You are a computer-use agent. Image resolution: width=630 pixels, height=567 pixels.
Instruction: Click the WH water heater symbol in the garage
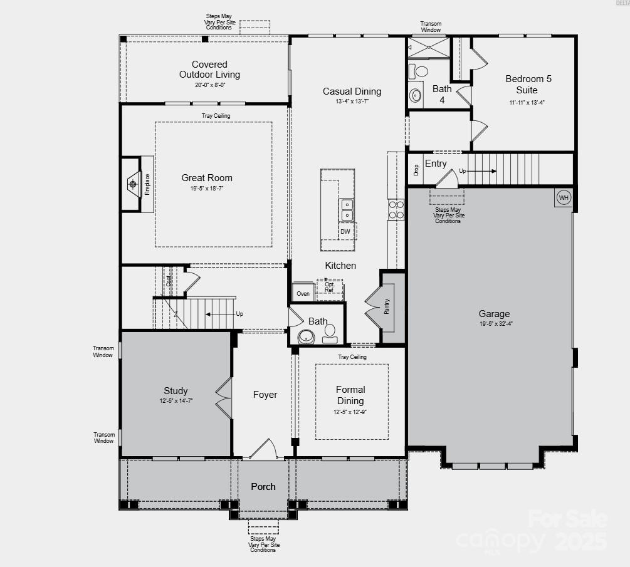tap(563, 198)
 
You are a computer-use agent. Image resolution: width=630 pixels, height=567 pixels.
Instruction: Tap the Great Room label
tap(207, 178)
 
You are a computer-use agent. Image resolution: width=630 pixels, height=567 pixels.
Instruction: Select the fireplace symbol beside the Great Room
tap(133, 184)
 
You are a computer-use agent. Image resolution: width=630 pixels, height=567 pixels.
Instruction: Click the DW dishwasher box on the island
tap(345, 231)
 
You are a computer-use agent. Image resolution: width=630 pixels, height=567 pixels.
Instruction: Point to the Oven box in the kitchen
tap(303, 293)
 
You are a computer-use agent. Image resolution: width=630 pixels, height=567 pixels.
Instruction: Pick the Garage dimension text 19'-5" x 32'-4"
tap(494, 324)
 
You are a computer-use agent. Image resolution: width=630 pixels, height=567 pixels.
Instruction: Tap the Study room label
tap(176, 391)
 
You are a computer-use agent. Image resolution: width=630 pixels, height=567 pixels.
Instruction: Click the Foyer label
tap(265, 395)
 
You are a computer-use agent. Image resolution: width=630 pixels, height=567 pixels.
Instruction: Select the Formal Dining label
tap(350, 395)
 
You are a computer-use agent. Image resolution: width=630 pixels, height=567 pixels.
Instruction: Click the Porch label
tap(263, 486)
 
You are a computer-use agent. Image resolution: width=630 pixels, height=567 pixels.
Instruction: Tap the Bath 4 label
tap(442, 94)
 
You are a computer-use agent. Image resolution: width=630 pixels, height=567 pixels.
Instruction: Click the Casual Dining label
tap(352, 91)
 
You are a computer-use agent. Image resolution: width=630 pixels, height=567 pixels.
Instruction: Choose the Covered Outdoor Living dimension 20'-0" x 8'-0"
tap(209, 85)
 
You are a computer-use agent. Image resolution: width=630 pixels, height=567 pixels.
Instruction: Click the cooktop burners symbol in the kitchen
tap(396, 210)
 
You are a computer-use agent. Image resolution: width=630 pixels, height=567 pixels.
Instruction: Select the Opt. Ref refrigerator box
tap(329, 288)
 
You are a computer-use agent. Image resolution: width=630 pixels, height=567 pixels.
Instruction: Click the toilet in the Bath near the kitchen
tap(330, 332)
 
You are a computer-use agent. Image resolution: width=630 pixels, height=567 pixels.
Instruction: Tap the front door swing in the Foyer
tap(265, 447)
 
